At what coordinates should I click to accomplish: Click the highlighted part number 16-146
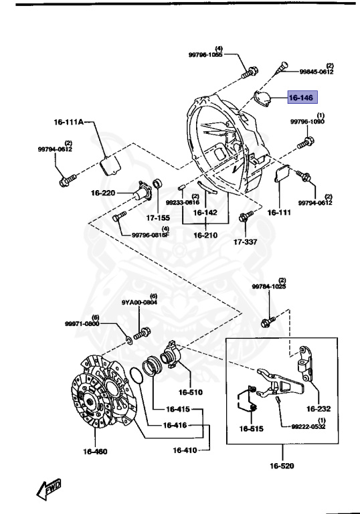coord(300,98)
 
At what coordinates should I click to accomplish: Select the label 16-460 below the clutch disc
coord(96,451)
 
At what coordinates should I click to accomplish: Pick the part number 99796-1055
coord(205,56)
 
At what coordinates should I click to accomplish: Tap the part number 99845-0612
coord(316,72)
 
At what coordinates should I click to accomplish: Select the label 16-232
coord(319,408)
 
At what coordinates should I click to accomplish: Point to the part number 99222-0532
coord(308,426)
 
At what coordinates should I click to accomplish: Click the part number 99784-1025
coord(268,286)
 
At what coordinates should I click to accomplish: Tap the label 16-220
coord(104,193)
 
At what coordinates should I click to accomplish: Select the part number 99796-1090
coord(307,122)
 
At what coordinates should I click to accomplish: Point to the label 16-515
coord(252,428)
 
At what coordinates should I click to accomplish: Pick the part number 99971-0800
coord(82,323)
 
